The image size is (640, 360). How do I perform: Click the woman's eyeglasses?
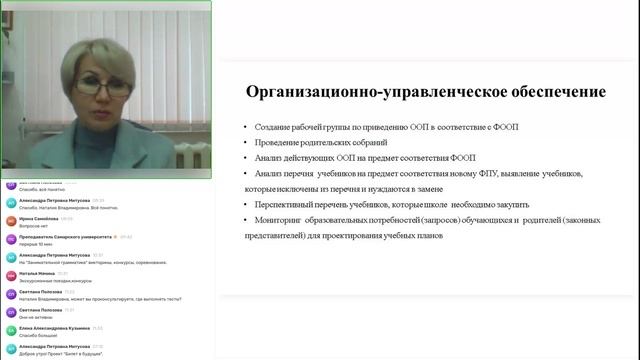pyautogui.click(x=99, y=87)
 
